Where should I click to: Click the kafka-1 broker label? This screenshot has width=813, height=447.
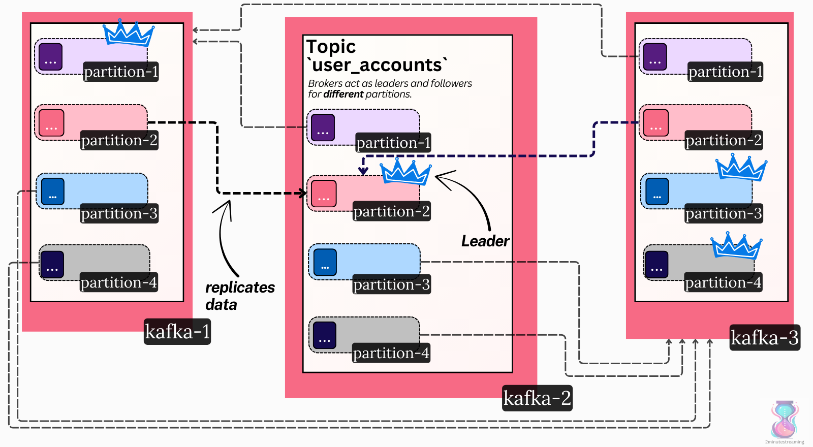[177, 332]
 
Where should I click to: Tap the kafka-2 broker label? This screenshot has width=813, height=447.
[537, 398]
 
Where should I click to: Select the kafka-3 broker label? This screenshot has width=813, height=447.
[765, 338]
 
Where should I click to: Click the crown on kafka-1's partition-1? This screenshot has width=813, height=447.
[128, 34]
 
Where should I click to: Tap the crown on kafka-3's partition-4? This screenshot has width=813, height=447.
[736, 246]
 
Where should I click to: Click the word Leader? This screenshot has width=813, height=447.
[485, 241]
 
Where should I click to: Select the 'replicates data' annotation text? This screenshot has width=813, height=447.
[239, 296]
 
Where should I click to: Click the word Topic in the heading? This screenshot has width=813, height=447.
[331, 47]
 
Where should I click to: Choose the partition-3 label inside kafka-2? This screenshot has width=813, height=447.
[392, 284]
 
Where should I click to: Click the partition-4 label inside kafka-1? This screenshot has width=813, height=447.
[119, 282]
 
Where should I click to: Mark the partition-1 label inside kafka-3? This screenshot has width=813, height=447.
[726, 72]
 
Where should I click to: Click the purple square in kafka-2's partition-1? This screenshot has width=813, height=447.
[323, 127]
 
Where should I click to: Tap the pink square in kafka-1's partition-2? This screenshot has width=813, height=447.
[51, 123]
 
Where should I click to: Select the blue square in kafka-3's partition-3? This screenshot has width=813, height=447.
[657, 191]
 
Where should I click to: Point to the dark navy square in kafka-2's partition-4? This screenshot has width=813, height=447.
[325, 335]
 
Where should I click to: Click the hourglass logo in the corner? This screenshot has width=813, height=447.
[785, 420]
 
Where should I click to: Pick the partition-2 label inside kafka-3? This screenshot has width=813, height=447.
[724, 140]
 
